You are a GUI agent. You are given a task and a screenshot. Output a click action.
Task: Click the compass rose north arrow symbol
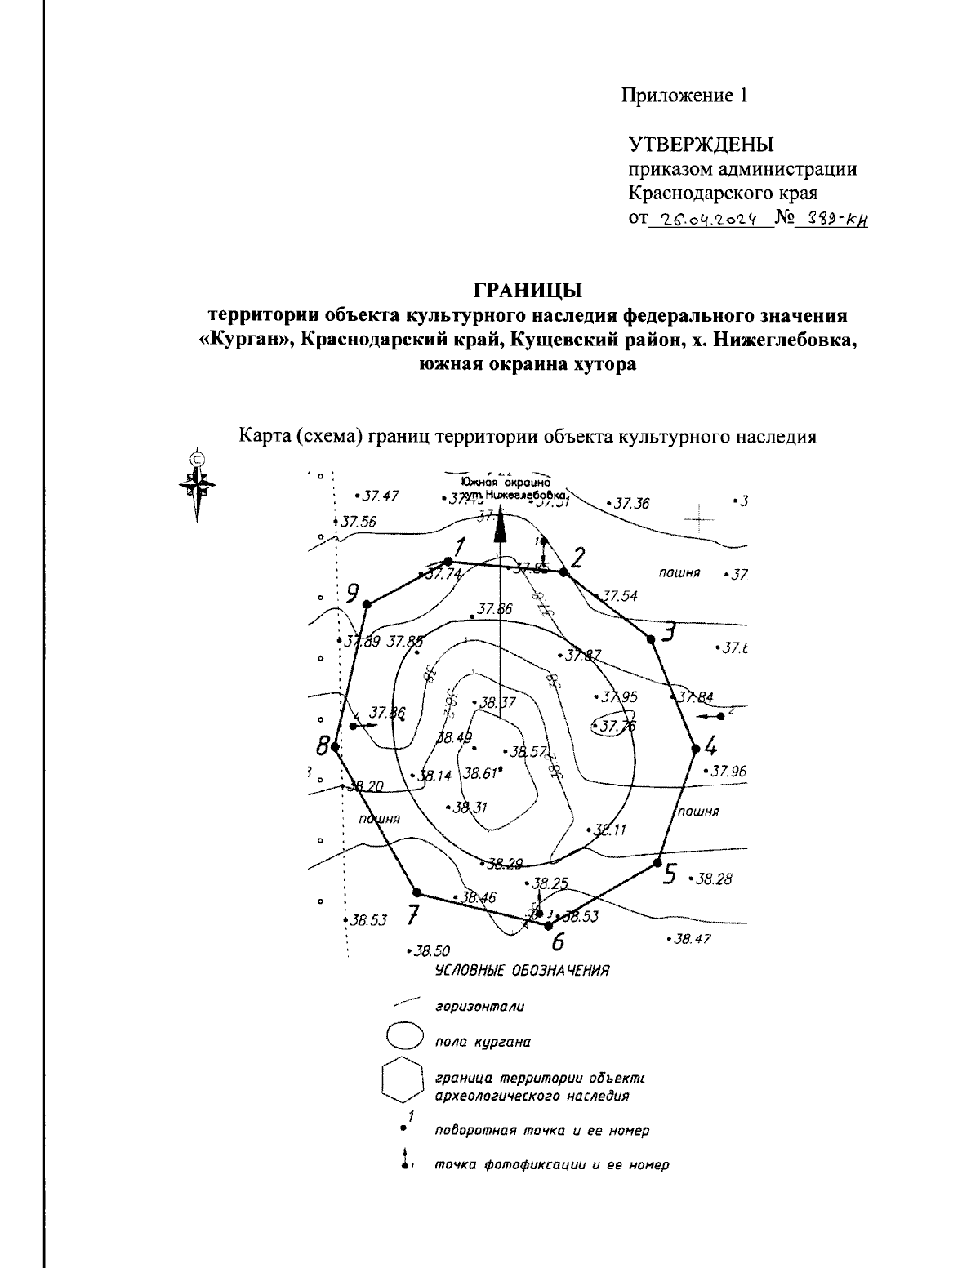(x=197, y=485)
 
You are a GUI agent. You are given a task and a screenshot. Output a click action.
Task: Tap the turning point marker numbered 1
(x=448, y=561)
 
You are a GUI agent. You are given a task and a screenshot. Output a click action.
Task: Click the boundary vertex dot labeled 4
(x=696, y=748)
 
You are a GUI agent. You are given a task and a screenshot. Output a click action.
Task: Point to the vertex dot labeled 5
(x=657, y=862)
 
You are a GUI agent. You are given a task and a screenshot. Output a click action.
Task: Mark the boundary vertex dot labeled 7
(x=417, y=893)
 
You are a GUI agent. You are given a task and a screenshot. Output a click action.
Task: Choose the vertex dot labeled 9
(x=367, y=604)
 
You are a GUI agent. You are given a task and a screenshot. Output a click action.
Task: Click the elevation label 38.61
(x=479, y=773)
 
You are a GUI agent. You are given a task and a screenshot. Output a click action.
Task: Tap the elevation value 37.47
(x=380, y=496)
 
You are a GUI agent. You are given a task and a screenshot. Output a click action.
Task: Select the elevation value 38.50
(x=430, y=950)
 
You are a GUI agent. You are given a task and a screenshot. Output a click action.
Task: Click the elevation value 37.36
(x=630, y=504)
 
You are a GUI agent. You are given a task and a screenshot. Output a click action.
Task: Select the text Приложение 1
(x=685, y=96)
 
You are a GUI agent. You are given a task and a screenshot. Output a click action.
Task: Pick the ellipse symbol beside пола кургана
(x=404, y=1037)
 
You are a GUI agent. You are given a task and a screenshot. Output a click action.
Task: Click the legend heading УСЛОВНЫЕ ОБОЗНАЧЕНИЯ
(x=522, y=971)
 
